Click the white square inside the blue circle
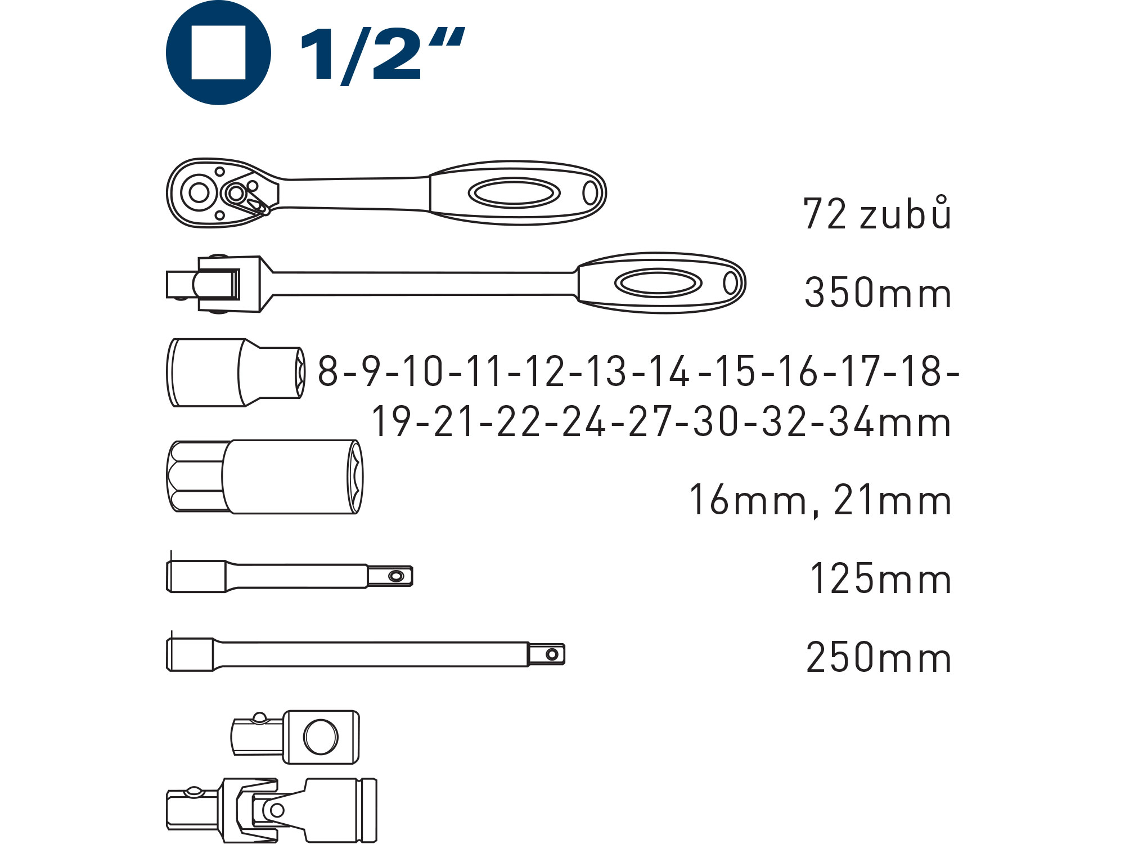click(218, 52)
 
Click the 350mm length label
click(878, 293)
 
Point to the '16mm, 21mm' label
click(820, 500)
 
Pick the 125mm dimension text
click(880, 579)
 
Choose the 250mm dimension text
click(879, 658)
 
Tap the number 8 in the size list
click(328, 371)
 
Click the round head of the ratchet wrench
click(199, 192)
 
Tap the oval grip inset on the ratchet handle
click(514, 193)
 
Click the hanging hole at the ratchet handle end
click(589, 193)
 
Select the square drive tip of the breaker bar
click(179, 284)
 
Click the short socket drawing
click(236, 372)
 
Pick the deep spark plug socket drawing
click(264, 477)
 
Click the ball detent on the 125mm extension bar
click(396, 576)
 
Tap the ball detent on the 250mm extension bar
click(552, 654)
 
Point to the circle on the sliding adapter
click(321, 737)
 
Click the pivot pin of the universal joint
click(276, 810)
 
